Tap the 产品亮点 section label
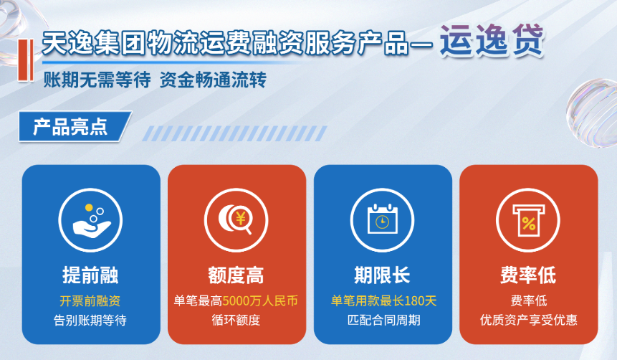pos(70,127)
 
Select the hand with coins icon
pos(90,220)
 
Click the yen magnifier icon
pos(236,220)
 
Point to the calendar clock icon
pos(382,220)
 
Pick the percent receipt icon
pos(528,220)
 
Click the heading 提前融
pos(90,275)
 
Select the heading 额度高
pos(236,275)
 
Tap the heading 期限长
pos(382,275)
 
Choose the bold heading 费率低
pos(528,275)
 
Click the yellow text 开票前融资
pos(90,301)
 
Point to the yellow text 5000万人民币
pos(260,301)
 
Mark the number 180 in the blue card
pos(414,301)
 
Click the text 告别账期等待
pos(90,321)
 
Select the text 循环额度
pos(236,321)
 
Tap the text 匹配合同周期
pos(383,321)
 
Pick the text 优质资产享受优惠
pos(528,321)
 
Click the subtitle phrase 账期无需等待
pos(97,80)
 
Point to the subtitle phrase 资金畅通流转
pos(213,80)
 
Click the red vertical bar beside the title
pos(26,60)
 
